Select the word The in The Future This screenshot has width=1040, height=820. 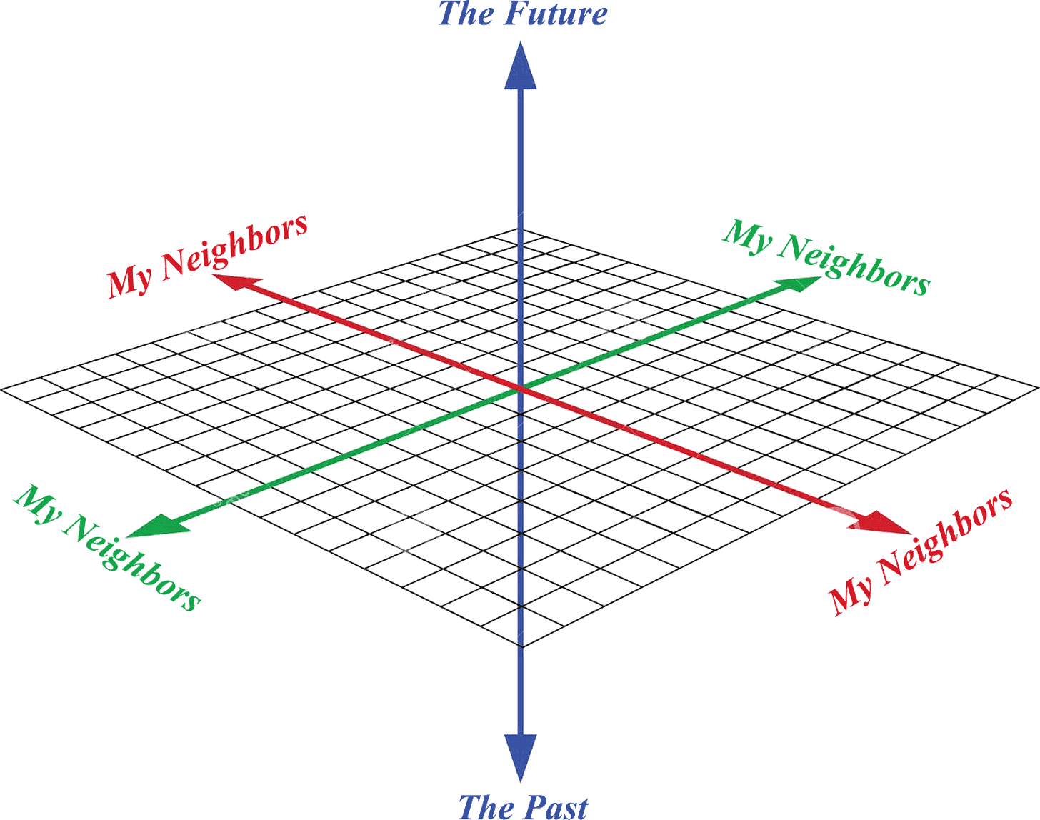464,14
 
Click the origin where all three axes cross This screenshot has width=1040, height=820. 520,390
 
